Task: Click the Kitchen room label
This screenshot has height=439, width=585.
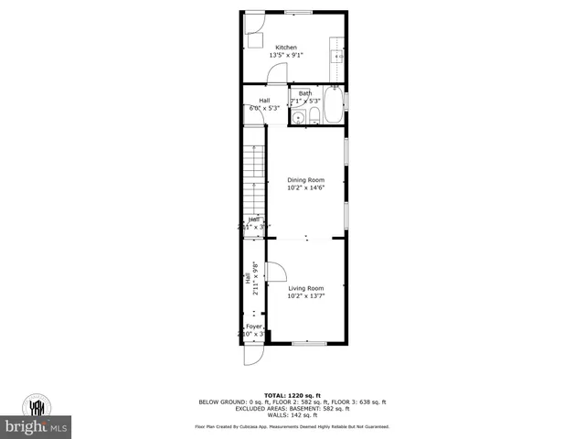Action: pyautogui.click(x=286, y=48)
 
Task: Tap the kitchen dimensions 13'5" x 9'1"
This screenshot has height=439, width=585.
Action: pyautogui.click(x=286, y=55)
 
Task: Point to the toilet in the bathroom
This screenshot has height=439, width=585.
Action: pyautogui.click(x=314, y=114)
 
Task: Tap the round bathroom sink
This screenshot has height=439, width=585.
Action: pyautogui.click(x=298, y=116)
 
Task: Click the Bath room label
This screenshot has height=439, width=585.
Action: pyautogui.click(x=304, y=93)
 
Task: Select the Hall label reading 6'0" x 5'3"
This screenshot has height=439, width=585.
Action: pyautogui.click(x=264, y=104)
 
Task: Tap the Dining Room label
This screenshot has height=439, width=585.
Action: pyautogui.click(x=305, y=180)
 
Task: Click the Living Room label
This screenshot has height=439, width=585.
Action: pyautogui.click(x=305, y=288)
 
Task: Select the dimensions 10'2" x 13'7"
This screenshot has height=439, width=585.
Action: pyautogui.click(x=305, y=295)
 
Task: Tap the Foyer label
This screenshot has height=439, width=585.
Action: pyautogui.click(x=253, y=327)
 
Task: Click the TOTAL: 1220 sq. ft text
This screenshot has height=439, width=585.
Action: pyautogui.click(x=292, y=395)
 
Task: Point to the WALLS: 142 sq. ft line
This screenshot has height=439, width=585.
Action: pyautogui.click(x=292, y=415)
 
